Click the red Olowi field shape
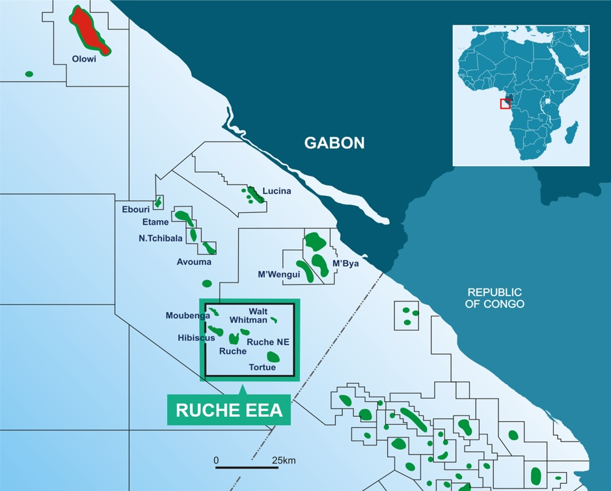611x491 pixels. (90, 31)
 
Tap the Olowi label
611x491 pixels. (85, 59)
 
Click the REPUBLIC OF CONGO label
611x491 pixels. (496, 298)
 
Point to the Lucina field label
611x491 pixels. (277, 191)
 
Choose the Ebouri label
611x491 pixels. (136, 210)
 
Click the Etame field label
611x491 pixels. (156, 223)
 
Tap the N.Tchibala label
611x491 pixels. (161, 238)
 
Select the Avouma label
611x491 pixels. (194, 262)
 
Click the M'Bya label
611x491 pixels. (346, 264)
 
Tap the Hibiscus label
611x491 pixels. (197, 338)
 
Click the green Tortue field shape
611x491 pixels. (273, 356)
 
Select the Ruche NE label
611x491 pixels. (268, 342)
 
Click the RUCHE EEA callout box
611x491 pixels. (230, 410)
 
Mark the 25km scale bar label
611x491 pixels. (284, 460)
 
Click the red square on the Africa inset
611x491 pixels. (505, 104)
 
